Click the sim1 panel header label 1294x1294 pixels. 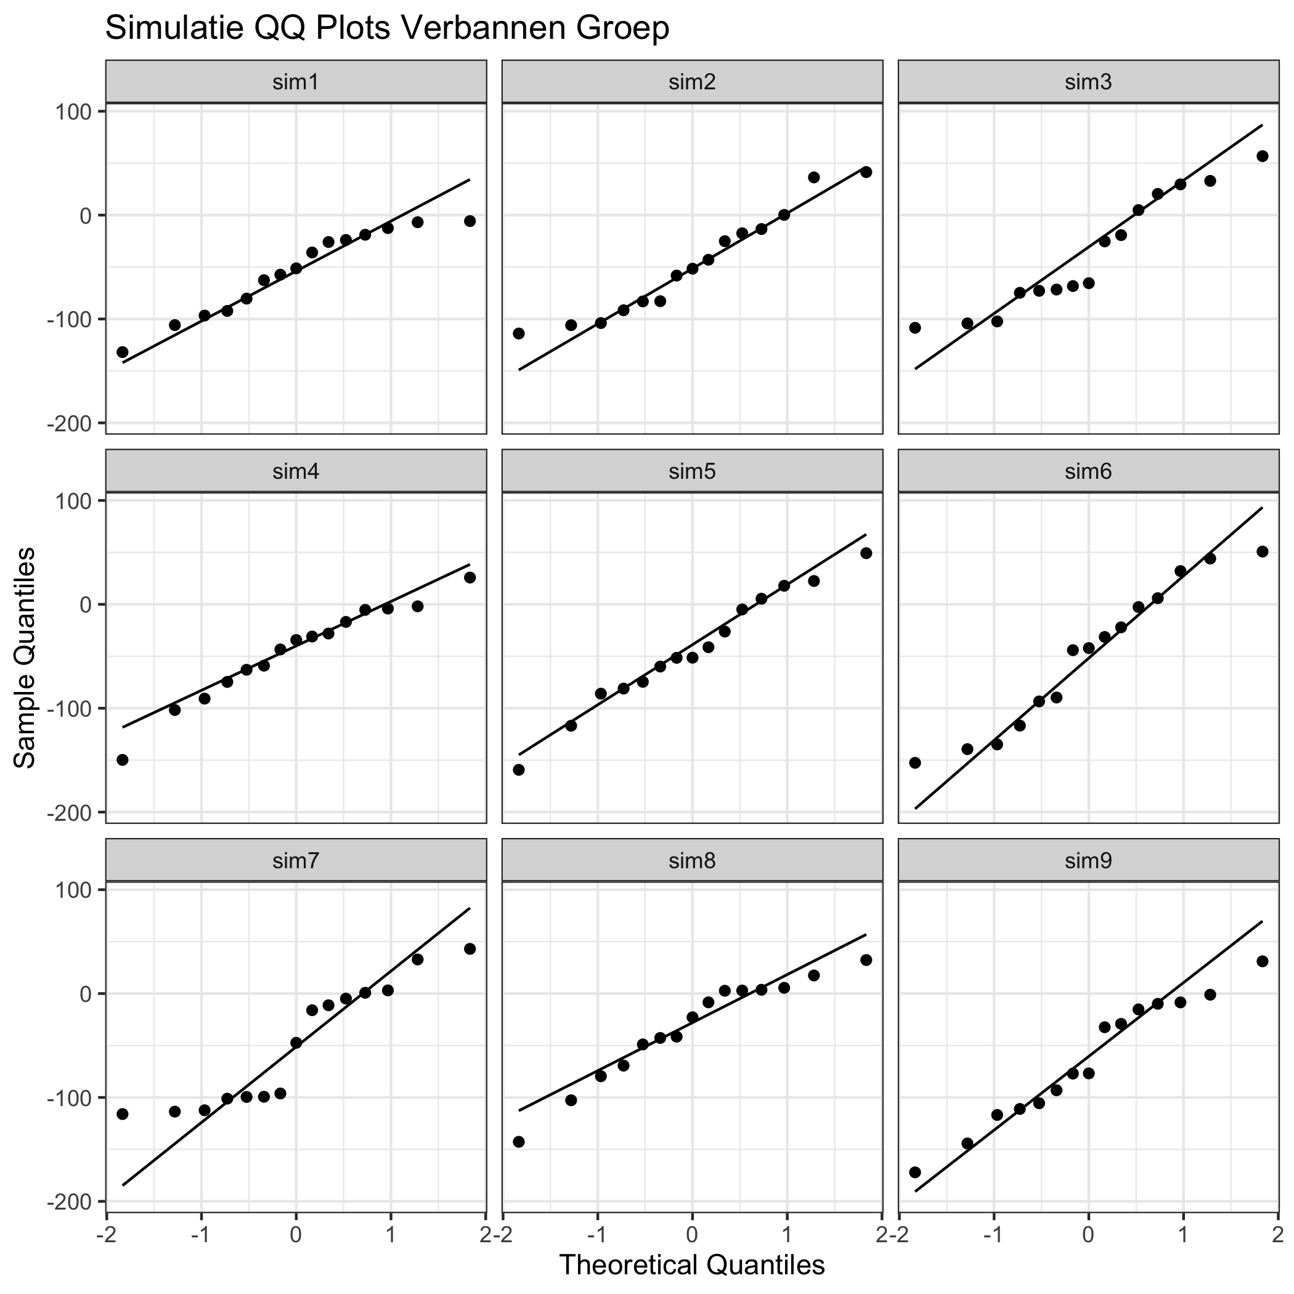[x=295, y=83]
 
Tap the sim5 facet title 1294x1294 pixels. [x=692, y=471]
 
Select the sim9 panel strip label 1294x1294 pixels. [x=1088, y=861]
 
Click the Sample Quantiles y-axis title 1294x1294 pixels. [x=25, y=657]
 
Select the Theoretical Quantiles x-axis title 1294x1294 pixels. [x=691, y=1264]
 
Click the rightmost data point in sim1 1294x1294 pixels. [x=470, y=221]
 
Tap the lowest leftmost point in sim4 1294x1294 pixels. [x=123, y=760]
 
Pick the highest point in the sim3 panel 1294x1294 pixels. [x=1263, y=156]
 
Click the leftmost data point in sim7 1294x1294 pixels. [x=123, y=1114]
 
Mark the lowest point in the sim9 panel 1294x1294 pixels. [x=915, y=1172]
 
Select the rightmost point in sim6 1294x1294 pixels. [x=1263, y=551]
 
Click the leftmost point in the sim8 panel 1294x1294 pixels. [x=518, y=1142]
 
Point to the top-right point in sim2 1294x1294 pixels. [x=866, y=172]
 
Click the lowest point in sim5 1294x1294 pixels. [x=518, y=770]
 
